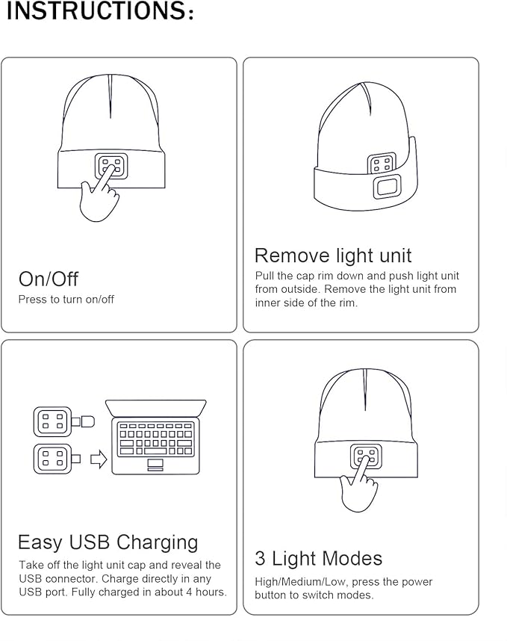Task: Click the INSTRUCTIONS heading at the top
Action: tap(100, 13)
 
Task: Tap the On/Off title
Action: tap(49, 279)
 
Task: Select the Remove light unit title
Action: tap(333, 256)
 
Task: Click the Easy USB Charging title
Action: tap(108, 542)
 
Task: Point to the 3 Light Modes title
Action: tap(318, 559)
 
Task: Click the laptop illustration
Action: tap(156, 437)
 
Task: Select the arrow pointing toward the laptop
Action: tap(99, 459)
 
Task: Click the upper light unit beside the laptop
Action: tap(53, 422)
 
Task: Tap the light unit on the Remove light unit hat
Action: tap(382, 164)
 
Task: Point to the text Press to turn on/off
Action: tap(66, 300)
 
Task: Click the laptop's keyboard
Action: tap(156, 439)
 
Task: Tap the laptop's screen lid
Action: tap(156, 408)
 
